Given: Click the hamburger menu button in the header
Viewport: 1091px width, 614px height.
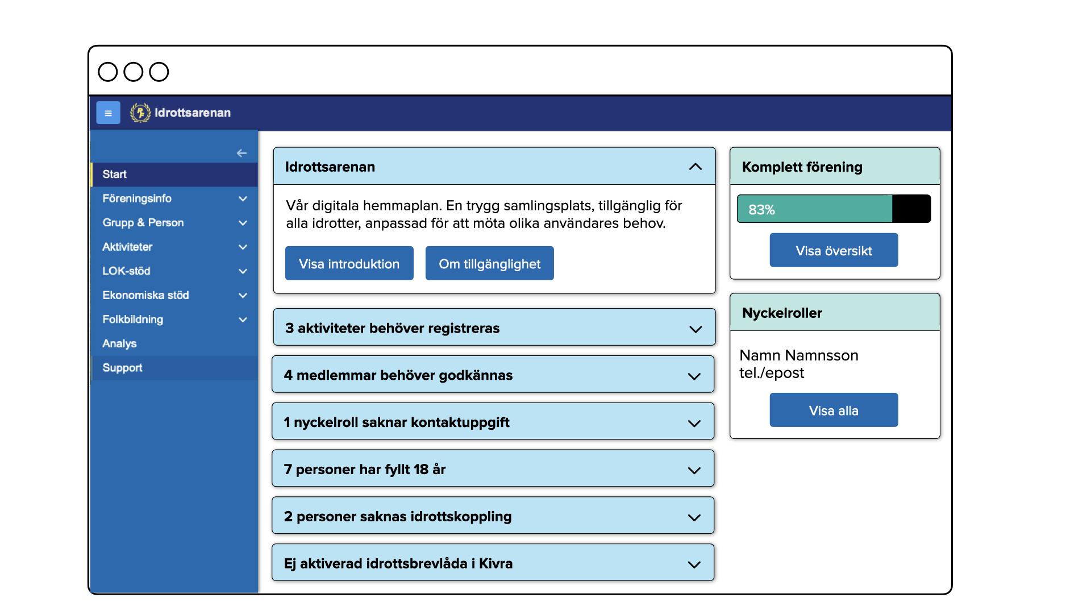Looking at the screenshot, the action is click(x=108, y=113).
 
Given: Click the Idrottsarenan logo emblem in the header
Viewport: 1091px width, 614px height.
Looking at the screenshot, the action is click(x=140, y=113).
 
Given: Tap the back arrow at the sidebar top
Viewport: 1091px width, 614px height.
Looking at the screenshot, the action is click(x=241, y=153).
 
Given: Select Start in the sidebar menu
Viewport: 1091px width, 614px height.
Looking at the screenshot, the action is click(x=115, y=175).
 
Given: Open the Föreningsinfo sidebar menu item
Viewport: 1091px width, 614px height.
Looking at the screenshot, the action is click(x=137, y=198).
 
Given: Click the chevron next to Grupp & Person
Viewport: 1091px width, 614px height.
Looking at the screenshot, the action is click(x=243, y=223).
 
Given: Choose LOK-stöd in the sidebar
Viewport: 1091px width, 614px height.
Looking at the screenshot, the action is click(x=126, y=271).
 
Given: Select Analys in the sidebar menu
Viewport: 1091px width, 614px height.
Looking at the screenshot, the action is click(x=119, y=343).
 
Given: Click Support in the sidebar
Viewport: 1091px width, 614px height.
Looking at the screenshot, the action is click(x=122, y=368).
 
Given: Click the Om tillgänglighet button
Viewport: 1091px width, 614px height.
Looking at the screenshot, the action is click(x=489, y=264).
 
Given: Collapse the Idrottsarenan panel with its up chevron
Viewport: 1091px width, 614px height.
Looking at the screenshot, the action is click(x=695, y=167).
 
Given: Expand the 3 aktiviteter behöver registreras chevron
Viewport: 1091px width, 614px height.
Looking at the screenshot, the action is click(x=695, y=329).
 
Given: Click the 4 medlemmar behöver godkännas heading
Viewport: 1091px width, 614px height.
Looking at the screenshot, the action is click(x=398, y=375).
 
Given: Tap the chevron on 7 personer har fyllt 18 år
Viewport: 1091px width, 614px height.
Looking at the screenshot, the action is click(x=694, y=470).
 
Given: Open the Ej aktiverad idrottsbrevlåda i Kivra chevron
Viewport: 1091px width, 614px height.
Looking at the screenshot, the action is click(x=694, y=565).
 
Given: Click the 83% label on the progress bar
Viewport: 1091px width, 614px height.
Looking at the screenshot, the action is click(x=761, y=210).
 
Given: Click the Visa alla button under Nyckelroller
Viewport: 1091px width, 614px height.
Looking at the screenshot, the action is click(x=834, y=410).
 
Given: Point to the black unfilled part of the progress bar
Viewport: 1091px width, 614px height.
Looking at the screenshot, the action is click(x=911, y=209).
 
